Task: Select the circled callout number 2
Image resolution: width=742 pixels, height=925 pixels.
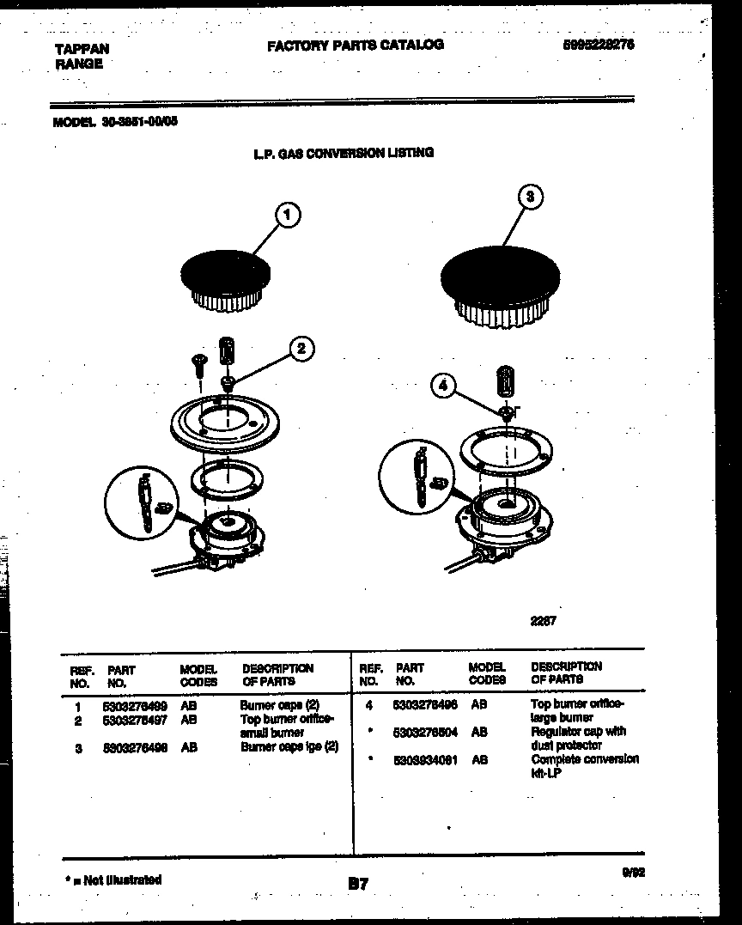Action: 300,348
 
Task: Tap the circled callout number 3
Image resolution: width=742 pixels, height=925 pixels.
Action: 531,197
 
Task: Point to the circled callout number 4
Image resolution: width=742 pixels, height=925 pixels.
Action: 443,386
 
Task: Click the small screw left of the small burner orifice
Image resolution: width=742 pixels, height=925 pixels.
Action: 198,363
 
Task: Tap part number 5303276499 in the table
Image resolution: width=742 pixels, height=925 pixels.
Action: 134,705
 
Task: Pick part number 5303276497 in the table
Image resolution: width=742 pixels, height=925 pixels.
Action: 134,719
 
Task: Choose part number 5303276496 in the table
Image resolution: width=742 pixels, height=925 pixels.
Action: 424,703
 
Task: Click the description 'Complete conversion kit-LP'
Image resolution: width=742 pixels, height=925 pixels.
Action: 584,766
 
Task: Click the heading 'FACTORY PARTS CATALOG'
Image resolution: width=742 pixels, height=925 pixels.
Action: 355,45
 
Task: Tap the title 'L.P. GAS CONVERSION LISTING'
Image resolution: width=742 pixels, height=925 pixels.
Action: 344,153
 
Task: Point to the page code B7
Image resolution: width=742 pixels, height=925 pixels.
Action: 358,883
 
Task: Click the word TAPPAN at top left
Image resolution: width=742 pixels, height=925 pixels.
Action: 82,50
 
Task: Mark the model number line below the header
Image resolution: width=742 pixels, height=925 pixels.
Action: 115,121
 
